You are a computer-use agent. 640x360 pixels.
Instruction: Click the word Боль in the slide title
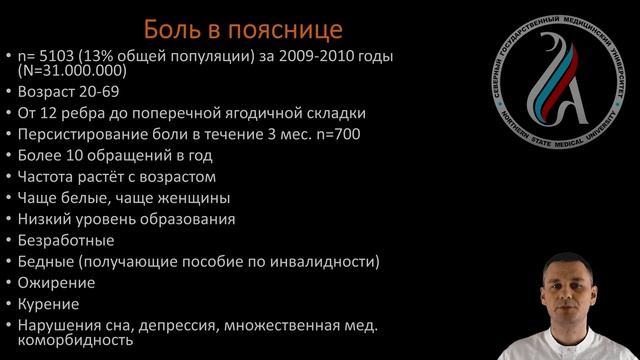[174, 26]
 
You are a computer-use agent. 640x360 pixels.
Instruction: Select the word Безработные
[66, 240]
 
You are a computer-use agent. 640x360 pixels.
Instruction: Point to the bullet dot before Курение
[8, 304]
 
